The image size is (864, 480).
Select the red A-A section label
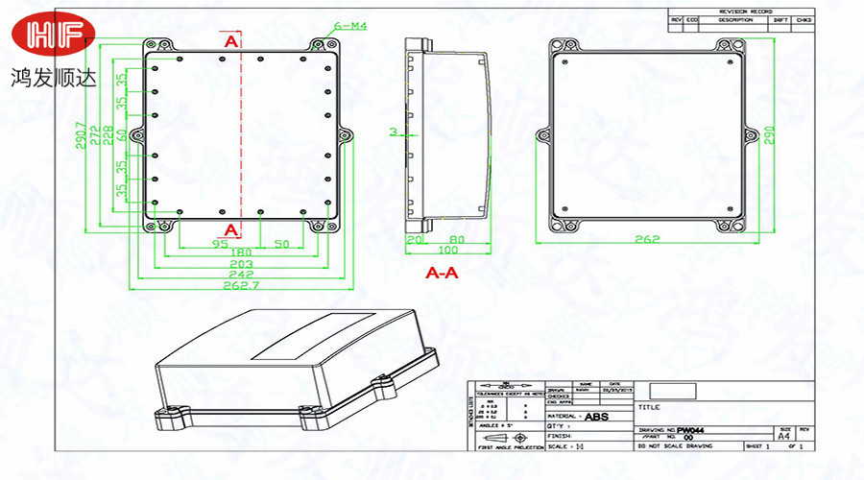pos(442,274)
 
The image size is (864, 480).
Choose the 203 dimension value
pos(241,263)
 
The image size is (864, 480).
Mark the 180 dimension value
pos(241,252)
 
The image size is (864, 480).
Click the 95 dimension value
pos(219,243)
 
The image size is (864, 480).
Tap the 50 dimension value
pos(281,243)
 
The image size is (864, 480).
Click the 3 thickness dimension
pos(393,131)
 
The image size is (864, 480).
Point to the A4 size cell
pos(784,436)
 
